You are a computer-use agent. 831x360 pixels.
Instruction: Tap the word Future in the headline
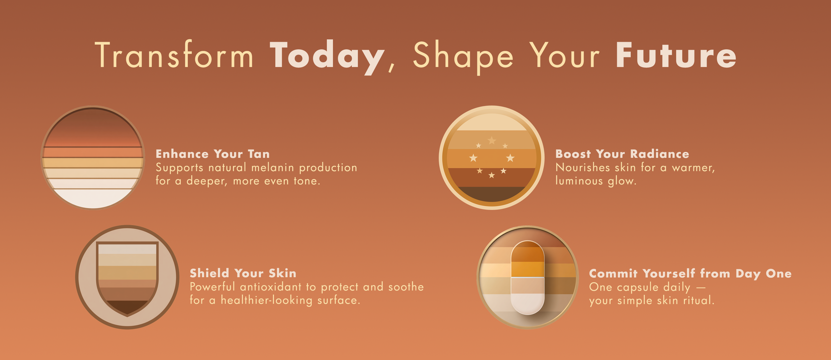pos(676,55)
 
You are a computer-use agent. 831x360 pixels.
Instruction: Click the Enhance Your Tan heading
pos(212,154)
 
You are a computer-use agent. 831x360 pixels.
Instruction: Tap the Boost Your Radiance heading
pos(622,154)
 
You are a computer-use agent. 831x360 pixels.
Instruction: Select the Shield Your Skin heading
pos(243,273)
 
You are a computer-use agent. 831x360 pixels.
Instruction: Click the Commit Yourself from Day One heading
pos(690,274)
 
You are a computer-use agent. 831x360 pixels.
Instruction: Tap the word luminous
pos(579,181)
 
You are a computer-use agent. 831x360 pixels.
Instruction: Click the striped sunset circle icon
pos(93,158)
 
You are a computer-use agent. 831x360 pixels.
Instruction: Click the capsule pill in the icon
pos(527,277)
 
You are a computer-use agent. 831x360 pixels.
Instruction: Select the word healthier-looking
pos(266,300)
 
